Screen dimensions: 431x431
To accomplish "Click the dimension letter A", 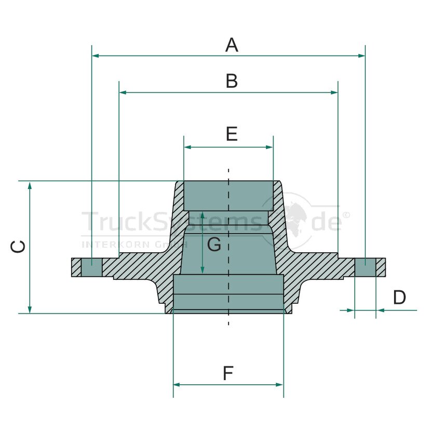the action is pos(232,45).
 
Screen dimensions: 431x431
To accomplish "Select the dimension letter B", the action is pos(232,81).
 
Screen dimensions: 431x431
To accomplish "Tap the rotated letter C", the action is pos(18,247).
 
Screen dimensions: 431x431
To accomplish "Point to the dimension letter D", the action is pos(399,297).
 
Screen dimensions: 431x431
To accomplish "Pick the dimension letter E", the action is pos(232,134).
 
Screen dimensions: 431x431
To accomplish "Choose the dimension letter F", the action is pos(228,373).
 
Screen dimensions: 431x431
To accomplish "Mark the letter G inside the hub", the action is pos(214,245).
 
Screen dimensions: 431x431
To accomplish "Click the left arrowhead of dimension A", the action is pos(96,56).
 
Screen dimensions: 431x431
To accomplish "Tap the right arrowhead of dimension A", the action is pos(361,56).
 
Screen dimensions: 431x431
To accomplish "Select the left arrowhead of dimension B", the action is pos(123,92).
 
